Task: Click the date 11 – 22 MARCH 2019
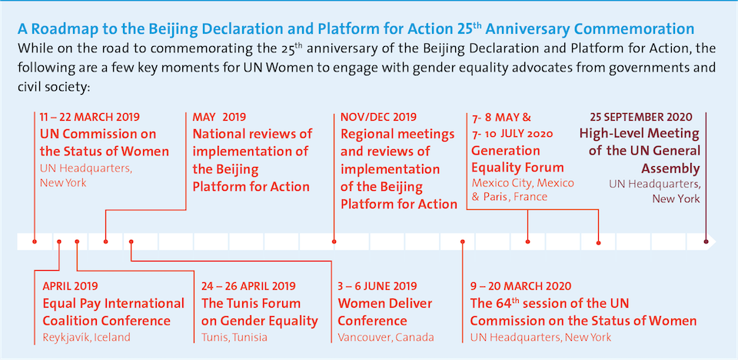[x=89, y=118]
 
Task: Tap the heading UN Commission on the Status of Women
[x=104, y=142]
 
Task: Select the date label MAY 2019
[x=219, y=118]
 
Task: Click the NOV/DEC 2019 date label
[x=377, y=118]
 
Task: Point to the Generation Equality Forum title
[x=517, y=158]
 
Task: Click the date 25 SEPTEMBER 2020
[x=641, y=118]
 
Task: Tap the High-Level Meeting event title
[x=640, y=151]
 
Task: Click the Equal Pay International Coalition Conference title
[x=113, y=312]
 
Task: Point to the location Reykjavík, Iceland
[x=87, y=337]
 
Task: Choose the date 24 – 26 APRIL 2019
[x=248, y=286]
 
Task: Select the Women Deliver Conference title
[x=385, y=312]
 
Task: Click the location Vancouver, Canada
[x=386, y=337]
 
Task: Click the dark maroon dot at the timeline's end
[x=707, y=242]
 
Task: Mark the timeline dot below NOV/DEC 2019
[x=334, y=242]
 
